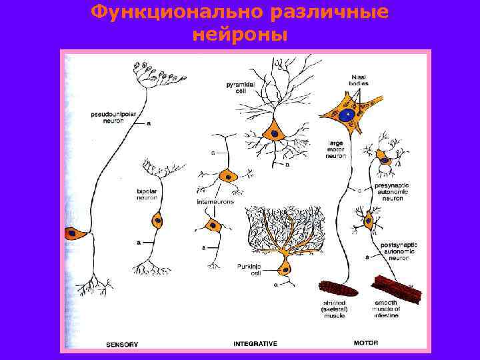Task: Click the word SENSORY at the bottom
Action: click(122, 344)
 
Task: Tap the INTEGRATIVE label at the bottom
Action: click(255, 344)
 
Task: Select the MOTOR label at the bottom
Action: click(365, 343)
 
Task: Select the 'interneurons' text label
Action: click(215, 202)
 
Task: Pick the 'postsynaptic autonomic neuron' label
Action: click(399, 251)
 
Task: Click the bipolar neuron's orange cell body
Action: click(157, 219)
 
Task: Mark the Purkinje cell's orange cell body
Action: click(285, 269)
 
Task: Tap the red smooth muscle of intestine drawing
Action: click(397, 289)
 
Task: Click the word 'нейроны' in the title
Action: click(240, 34)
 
